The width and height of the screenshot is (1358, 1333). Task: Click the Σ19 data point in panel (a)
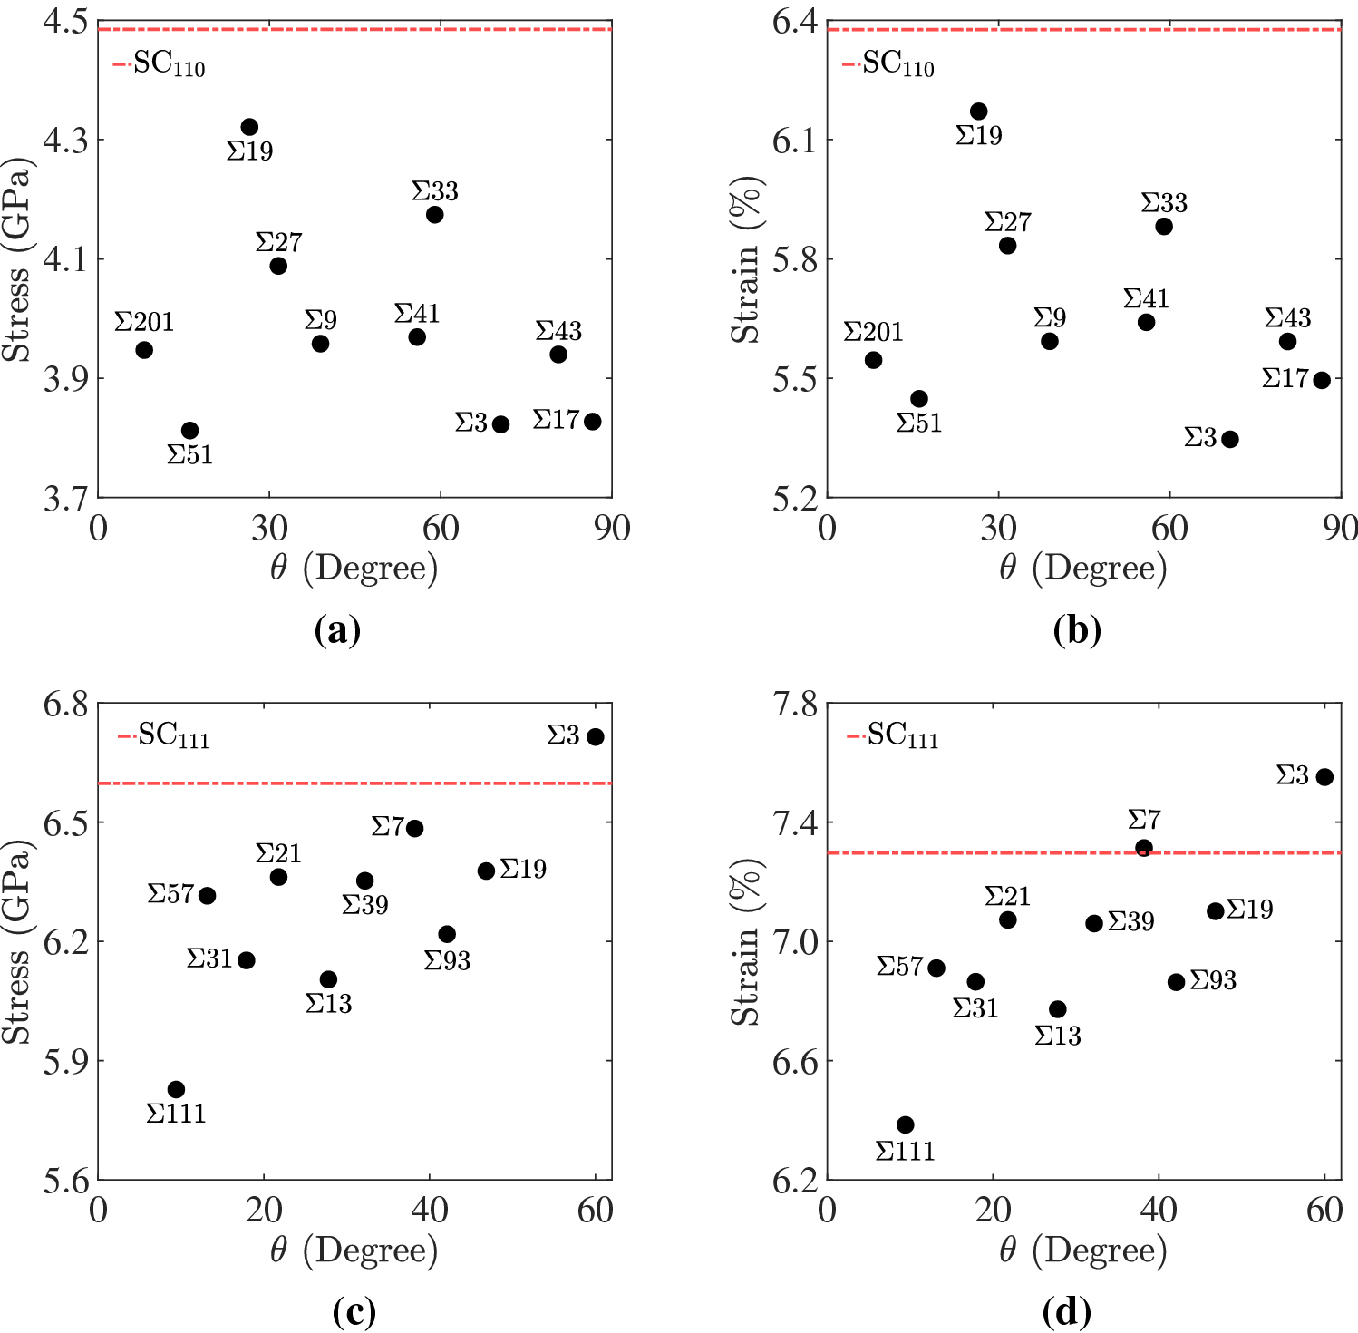249,127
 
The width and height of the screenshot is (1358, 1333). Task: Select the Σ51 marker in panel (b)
919,399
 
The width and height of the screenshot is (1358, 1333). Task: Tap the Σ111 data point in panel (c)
177,1089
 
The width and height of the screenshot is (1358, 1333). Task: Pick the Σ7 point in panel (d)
1144,848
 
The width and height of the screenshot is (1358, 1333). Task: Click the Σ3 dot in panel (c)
596,737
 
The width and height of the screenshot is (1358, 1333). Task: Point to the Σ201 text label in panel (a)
143,323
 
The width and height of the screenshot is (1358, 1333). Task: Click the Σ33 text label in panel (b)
1164,203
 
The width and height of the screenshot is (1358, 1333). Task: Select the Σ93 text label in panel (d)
1213,981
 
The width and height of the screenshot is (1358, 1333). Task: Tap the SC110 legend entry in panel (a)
160,65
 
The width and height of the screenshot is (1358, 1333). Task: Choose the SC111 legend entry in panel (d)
893,735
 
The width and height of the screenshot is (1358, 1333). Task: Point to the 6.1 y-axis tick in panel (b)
795,141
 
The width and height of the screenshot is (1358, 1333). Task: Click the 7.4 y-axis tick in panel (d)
795,823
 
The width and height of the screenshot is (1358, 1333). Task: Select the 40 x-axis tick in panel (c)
430,1210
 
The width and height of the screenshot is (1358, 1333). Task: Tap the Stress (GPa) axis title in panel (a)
17,260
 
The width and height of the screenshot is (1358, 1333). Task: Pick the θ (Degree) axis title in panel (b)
1083,569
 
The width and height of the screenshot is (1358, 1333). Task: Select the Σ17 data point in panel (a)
593,422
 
